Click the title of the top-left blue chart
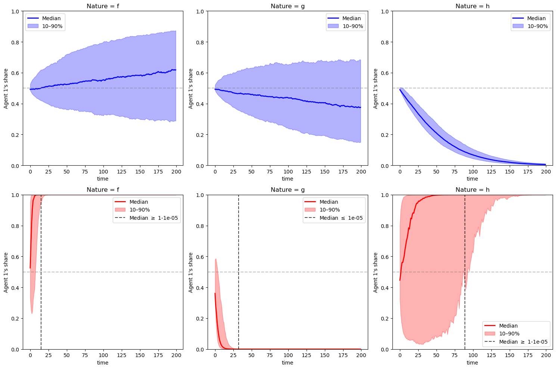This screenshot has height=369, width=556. pos(103,6)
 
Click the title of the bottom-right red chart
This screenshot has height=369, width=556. pos(472,190)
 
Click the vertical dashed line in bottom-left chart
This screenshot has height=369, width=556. pos(41,284)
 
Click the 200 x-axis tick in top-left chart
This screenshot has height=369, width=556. pos(176,172)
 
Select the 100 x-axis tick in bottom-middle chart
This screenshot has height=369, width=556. pos(288,356)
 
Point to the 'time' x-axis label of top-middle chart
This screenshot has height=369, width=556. pos(288,179)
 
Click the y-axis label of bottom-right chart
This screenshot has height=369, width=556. pos(376,272)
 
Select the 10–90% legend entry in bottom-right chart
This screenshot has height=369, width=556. pos(509,334)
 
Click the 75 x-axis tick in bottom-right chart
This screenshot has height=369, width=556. pos(454,356)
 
